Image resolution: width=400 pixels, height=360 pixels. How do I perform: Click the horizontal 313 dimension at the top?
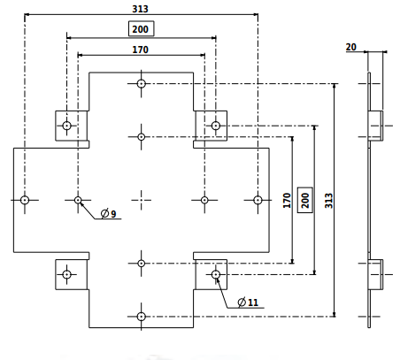tap(140, 9)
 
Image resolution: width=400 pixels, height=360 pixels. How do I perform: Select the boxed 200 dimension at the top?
tap(142, 28)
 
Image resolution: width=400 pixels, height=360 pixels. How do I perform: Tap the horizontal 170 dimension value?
tap(140, 50)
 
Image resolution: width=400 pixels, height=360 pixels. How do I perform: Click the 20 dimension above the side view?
tap(351, 47)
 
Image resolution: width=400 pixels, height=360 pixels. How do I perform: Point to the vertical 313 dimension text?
tap(329, 201)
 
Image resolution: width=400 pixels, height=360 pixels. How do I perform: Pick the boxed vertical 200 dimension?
tap(305, 200)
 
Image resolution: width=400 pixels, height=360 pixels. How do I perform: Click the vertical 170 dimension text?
tap(287, 201)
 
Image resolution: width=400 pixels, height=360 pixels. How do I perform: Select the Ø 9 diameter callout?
tap(108, 213)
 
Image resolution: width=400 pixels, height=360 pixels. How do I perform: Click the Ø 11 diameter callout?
tap(248, 303)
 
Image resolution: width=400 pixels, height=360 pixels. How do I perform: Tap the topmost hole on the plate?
tap(142, 84)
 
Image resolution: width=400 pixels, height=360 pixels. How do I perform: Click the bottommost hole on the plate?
tap(142, 317)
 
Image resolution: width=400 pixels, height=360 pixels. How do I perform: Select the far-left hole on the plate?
tap(25, 200)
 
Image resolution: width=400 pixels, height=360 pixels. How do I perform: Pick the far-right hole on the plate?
tap(258, 200)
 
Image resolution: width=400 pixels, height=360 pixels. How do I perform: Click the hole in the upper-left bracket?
tap(67, 126)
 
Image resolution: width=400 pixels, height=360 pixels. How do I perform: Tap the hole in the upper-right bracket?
tap(216, 126)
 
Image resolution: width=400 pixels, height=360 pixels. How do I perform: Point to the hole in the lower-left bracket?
tap(67, 274)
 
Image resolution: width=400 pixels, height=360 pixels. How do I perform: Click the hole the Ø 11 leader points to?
tap(216, 274)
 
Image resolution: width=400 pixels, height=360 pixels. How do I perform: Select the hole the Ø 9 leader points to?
tap(78, 200)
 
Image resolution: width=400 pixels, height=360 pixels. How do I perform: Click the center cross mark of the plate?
tap(142, 200)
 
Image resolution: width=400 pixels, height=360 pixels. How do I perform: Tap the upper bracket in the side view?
tap(375, 126)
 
